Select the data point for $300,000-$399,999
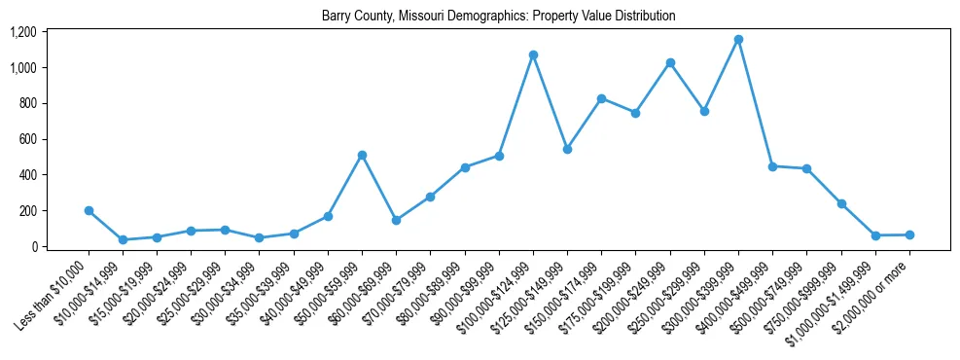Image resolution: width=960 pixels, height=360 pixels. (738, 40)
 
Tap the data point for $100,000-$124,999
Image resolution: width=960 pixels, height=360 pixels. (533, 54)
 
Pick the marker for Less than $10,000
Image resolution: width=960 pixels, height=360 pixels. (89, 210)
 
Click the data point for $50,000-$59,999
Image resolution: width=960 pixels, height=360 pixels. (362, 155)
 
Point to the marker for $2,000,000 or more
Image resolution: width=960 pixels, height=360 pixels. (909, 234)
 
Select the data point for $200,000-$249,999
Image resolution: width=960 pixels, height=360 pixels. (670, 62)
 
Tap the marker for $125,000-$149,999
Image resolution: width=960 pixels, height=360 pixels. (567, 149)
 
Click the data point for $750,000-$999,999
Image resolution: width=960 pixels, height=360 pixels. (841, 203)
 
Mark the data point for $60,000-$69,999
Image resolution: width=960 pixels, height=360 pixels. (396, 220)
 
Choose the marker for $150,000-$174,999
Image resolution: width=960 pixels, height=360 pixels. (601, 98)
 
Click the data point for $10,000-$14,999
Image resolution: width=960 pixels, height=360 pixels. (123, 239)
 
